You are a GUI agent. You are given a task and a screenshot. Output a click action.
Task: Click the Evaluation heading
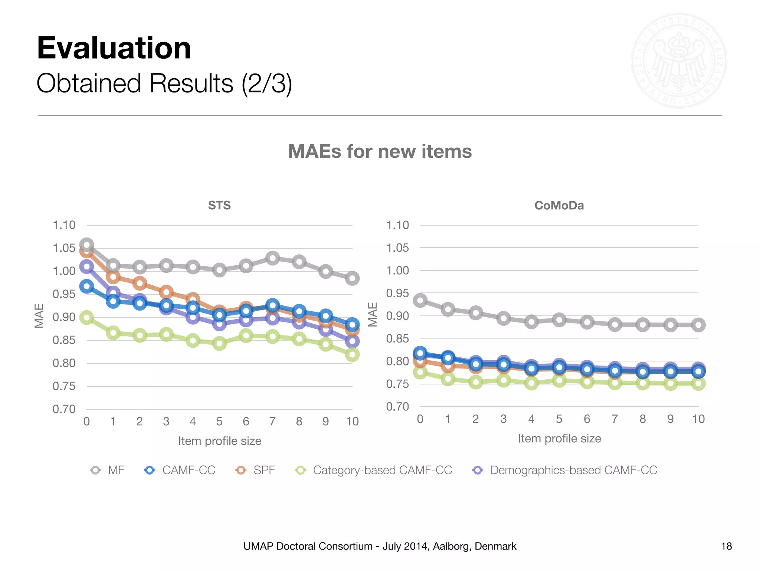point(114,48)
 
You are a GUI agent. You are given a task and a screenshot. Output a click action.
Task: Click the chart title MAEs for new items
point(380,151)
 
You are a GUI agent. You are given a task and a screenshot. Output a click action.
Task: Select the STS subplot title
point(219,205)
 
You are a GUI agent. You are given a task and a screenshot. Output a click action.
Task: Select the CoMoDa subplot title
point(559,205)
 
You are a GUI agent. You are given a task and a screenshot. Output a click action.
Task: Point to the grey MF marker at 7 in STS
point(272,258)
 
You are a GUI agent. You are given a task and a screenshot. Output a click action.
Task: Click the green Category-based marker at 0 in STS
point(86,318)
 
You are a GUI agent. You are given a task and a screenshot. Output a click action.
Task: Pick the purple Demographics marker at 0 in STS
point(86,266)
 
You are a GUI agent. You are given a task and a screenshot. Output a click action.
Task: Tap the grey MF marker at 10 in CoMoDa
point(698,325)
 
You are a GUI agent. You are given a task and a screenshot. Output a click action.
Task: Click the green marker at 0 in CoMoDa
point(420,372)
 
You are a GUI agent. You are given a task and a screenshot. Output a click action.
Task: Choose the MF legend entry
point(108,470)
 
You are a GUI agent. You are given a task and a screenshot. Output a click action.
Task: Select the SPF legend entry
point(256,470)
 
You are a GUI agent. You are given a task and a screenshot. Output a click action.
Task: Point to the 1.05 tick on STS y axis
point(64,248)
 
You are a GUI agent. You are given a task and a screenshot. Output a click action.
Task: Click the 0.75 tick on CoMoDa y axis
point(397,384)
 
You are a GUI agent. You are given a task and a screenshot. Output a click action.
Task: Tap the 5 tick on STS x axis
point(219,422)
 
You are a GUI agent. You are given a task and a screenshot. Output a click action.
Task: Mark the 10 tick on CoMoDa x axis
point(698,419)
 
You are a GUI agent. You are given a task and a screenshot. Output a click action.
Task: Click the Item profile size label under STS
point(220,441)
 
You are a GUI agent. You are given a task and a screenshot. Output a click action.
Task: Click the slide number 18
point(726,546)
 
